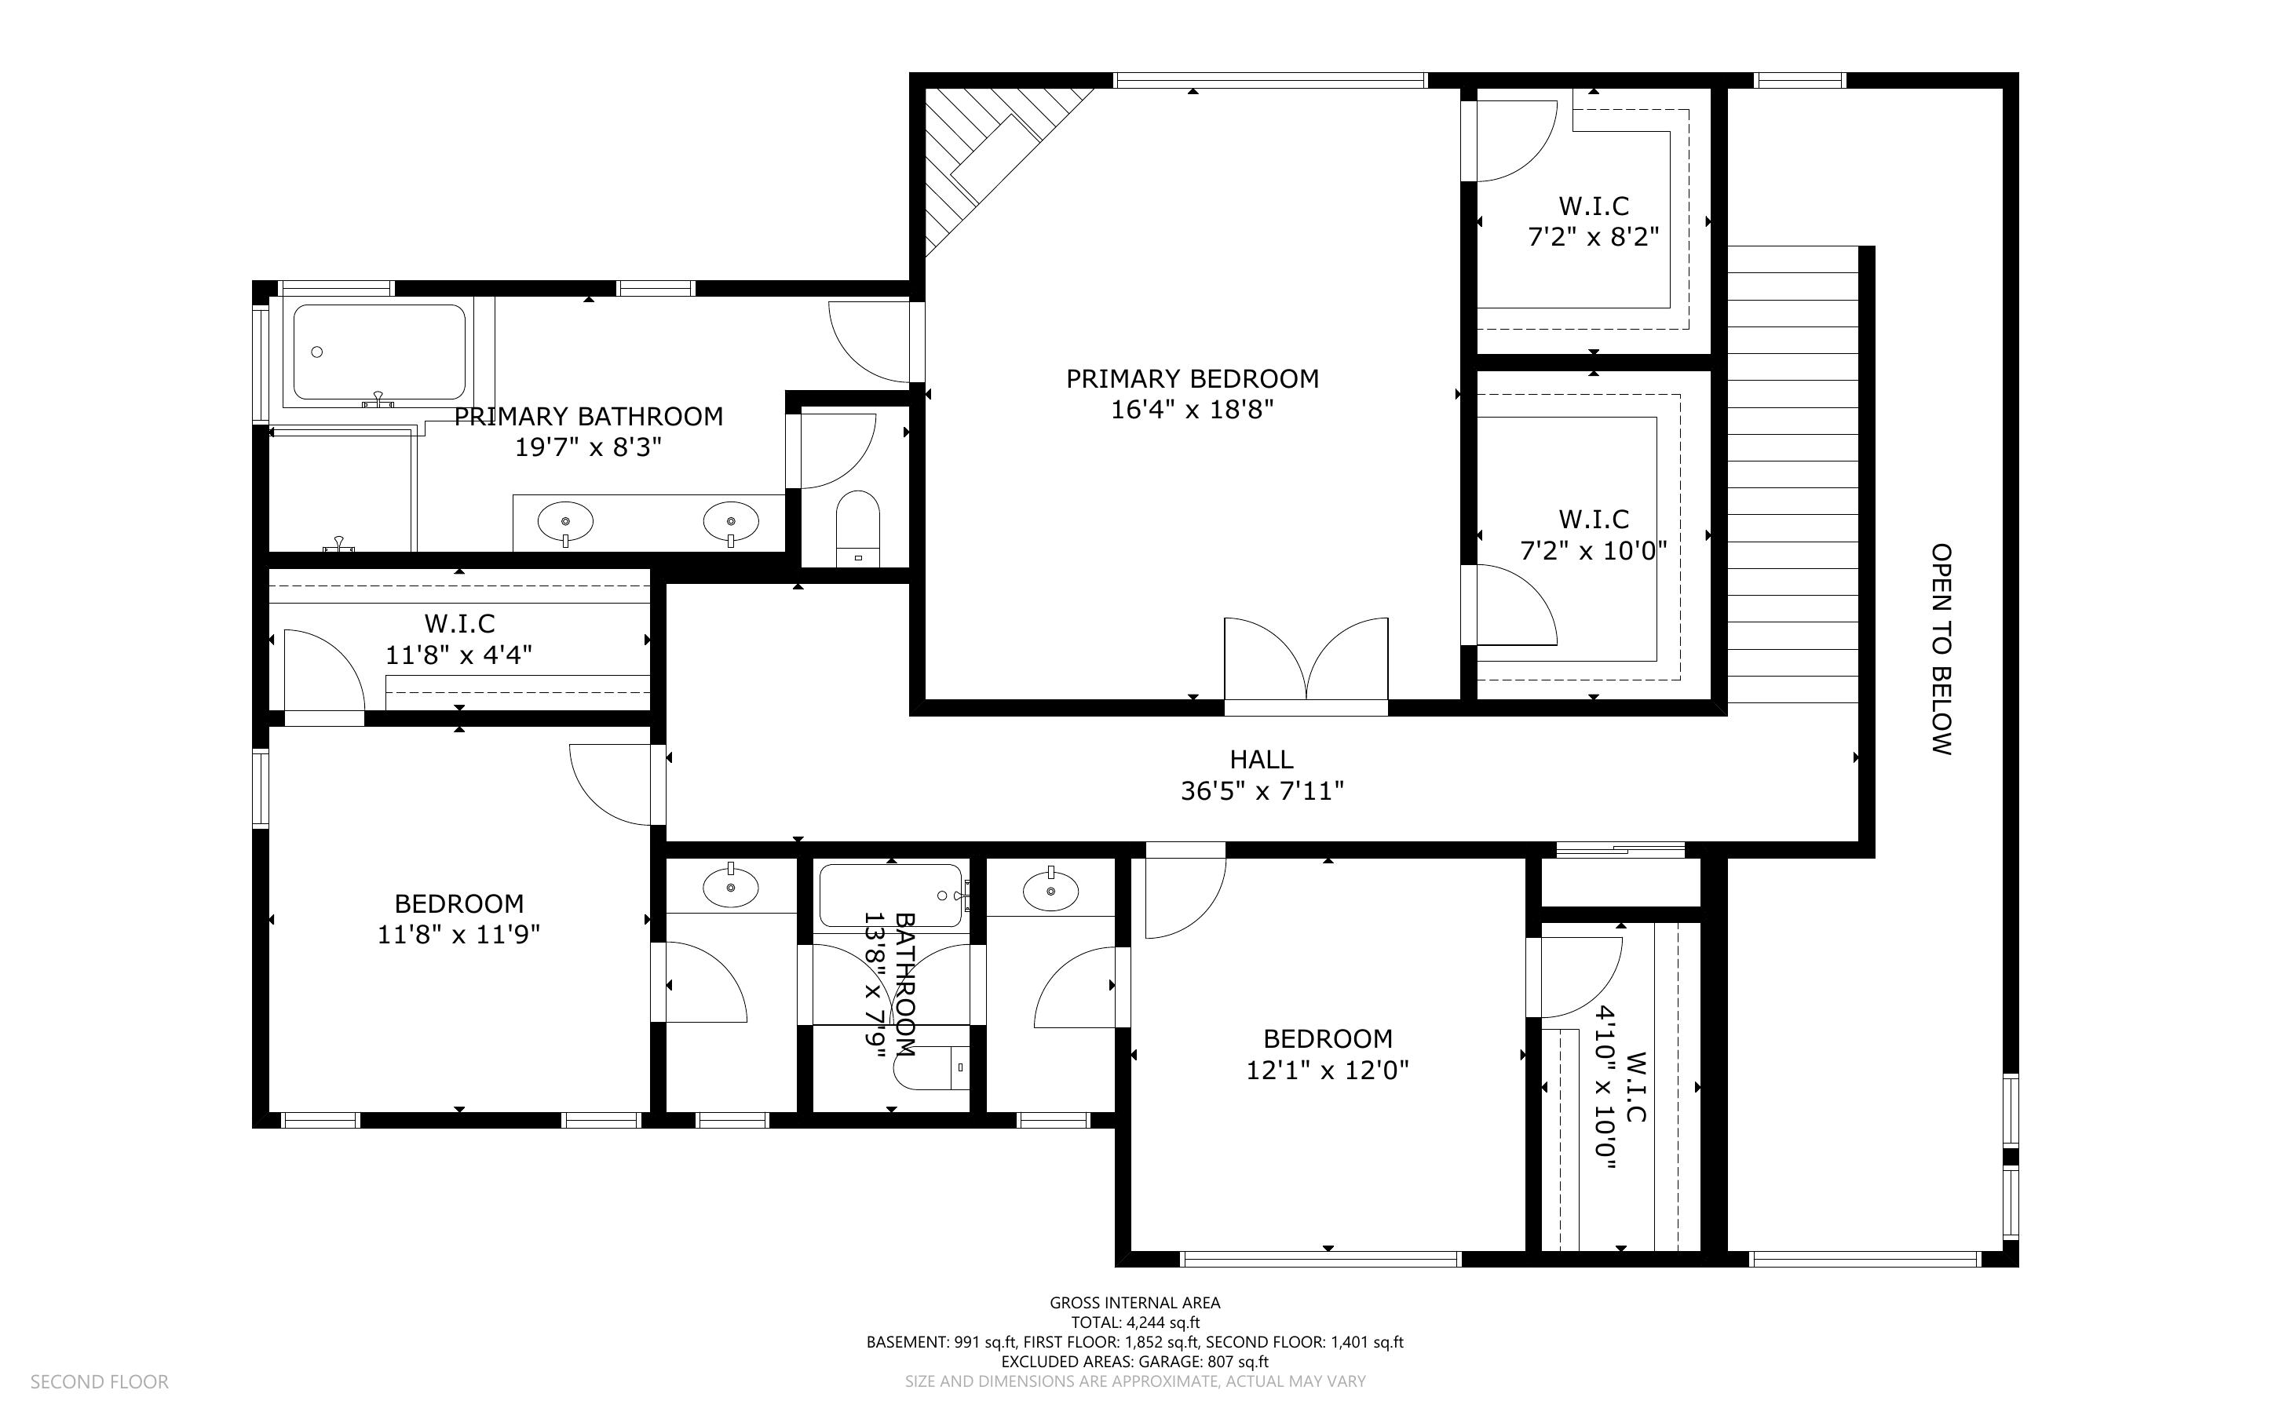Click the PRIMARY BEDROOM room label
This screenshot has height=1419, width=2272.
pos(1192,379)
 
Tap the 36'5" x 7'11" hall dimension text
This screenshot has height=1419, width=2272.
pos(1262,791)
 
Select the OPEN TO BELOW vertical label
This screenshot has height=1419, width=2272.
pos(1941,648)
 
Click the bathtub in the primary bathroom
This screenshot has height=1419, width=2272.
pos(379,352)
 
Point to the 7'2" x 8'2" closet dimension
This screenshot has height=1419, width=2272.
pos(1594,236)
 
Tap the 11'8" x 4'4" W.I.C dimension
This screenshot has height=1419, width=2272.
pos(459,654)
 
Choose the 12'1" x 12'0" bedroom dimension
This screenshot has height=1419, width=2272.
pos(1327,1070)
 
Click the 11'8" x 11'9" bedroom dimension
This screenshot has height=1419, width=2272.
pos(459,935)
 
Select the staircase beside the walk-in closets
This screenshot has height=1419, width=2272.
pos(1793,474)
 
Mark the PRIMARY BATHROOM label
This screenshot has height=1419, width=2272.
pos(588,417)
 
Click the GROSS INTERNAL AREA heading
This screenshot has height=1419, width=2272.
pos(1134,1303)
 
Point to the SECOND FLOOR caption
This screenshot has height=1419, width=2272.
pos(100,1381)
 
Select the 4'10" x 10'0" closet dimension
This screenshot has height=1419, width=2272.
pos(1606,1089)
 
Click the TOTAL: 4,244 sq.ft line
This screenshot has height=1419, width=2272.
pos(1134,1322)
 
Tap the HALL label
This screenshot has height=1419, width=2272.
pos(1262,759)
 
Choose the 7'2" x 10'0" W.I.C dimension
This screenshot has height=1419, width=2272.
pos(1594,550)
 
